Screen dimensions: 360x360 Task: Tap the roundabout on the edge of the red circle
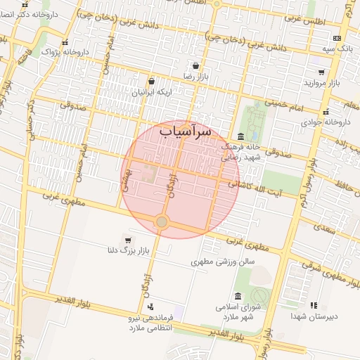click(x=162, y=222)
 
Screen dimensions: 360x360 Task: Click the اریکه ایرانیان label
click(x=144, y=92)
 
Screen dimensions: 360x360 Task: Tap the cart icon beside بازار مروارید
click(x=321, y=72)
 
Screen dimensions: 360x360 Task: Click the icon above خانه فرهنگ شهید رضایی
click(x=241, y=136)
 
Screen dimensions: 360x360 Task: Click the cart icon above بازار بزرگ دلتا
click(x=127, y=240)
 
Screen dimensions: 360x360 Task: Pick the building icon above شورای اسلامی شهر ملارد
click(x=239, y=295)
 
